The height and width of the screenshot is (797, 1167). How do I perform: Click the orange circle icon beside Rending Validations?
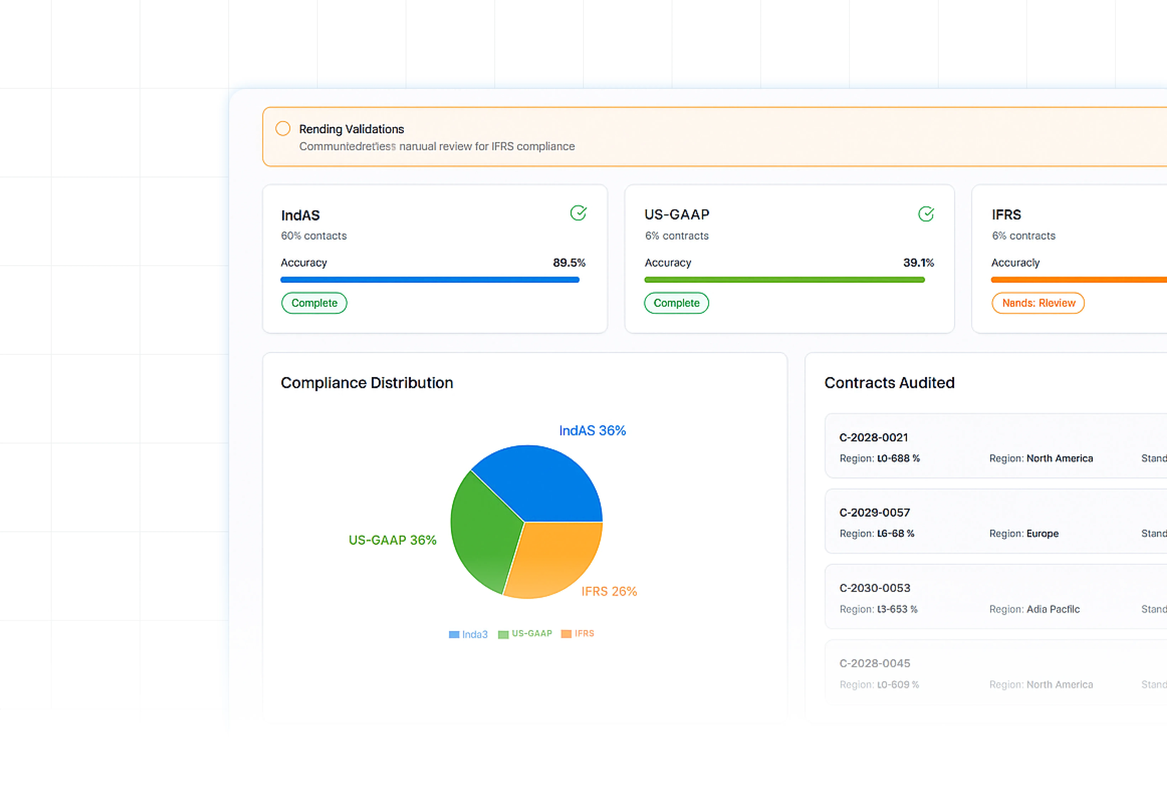pos(283,129)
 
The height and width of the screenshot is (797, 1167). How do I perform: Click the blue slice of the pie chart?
pos(540,482)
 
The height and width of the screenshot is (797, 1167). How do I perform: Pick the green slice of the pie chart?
pos(482,532)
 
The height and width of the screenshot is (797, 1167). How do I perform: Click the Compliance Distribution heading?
pos(367,383)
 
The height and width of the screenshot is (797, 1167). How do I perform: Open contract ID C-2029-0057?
pos(874,512)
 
